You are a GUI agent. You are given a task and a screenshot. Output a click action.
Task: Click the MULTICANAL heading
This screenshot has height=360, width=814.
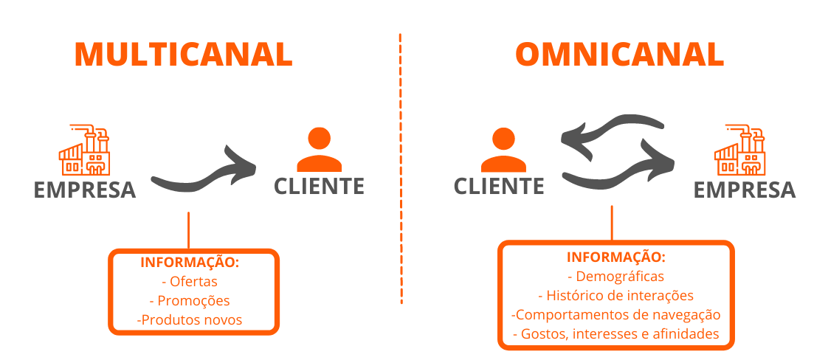(184, 54)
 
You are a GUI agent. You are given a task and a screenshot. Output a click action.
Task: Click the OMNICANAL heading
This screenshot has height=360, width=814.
(619, 54)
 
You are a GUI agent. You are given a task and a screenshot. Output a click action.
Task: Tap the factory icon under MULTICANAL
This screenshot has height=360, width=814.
(84, 150)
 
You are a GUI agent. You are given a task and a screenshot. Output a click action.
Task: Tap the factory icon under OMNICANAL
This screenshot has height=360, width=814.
(739, 150)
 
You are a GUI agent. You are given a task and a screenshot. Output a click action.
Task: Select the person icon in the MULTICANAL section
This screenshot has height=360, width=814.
(320, 150)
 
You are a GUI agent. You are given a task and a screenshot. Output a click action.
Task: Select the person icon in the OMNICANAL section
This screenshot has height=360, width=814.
(503, 150)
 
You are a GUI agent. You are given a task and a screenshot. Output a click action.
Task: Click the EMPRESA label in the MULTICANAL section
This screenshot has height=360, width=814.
(85, 190)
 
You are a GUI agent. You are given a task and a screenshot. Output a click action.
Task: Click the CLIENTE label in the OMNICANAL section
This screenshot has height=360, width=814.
(499, 186)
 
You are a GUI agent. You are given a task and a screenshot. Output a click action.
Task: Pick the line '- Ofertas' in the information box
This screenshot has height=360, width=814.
(190, 282)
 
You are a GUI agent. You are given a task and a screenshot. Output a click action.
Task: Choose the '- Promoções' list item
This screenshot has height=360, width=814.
(190, 301)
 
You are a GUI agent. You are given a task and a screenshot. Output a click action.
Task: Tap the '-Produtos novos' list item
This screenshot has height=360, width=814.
(190, 320)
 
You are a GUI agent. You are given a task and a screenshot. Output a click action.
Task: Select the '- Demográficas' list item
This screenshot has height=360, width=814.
(616, 276)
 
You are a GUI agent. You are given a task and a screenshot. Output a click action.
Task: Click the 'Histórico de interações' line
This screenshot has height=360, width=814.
(616, 296)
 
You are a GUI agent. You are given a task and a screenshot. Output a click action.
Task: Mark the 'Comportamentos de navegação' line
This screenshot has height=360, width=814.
(616, 315)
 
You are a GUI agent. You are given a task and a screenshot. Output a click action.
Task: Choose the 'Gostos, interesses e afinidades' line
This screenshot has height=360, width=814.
(616, 334)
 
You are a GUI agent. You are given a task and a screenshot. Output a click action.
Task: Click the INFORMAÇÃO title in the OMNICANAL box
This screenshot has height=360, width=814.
(616, 257)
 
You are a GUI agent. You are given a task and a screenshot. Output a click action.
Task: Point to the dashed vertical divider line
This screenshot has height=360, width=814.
(401, 169)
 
